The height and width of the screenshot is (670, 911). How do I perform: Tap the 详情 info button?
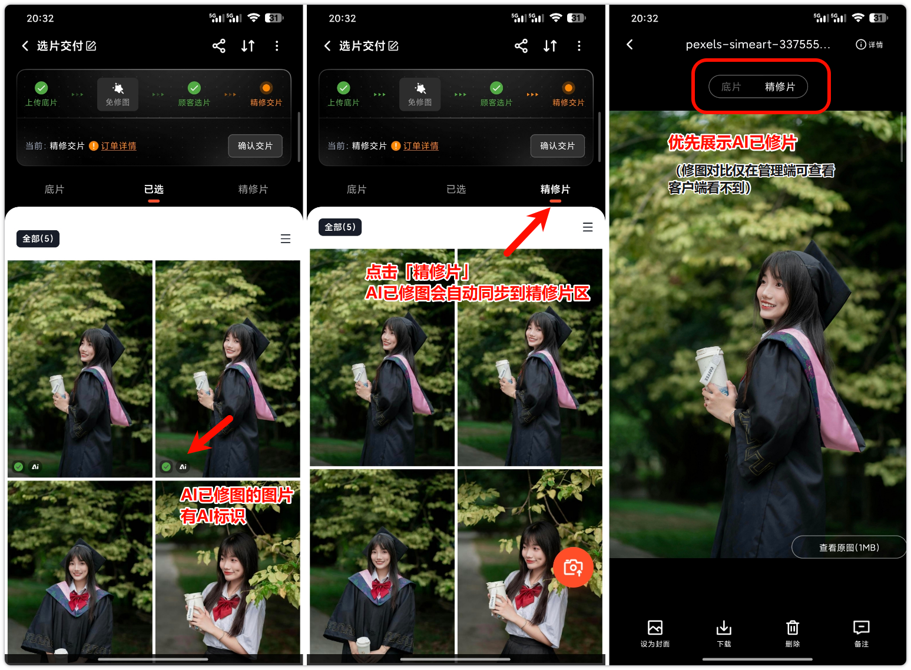869,44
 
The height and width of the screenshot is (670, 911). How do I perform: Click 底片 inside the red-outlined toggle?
731,87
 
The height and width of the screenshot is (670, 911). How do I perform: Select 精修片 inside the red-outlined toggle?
780,87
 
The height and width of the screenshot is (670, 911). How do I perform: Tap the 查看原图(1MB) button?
849,548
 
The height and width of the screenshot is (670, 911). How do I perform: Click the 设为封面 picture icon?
655,628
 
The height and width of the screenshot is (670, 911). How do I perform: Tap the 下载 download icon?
724,628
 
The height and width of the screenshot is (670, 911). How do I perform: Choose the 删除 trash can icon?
792,628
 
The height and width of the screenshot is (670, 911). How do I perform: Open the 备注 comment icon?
861,628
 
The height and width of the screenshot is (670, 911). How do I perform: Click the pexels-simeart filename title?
758,44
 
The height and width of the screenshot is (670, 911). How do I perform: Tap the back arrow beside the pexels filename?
630,44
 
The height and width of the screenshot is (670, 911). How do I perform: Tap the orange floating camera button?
572,567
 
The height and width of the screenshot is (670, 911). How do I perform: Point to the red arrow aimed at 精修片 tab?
527,232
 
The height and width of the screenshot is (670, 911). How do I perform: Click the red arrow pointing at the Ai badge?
210,434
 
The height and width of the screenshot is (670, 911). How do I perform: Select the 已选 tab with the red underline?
154,189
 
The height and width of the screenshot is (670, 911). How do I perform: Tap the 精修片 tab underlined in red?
555,189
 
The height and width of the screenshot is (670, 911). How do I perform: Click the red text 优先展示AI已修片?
732,142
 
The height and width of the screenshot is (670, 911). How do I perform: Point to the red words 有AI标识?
213,516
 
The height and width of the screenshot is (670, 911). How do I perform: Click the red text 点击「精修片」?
418,272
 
